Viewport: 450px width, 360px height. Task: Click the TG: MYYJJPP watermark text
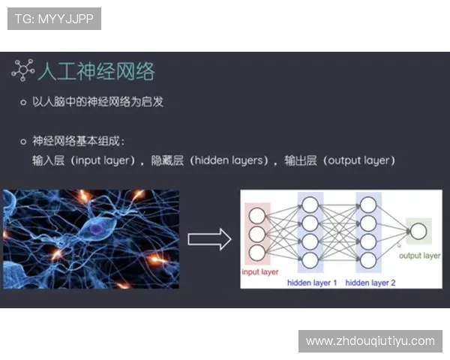[54, 19]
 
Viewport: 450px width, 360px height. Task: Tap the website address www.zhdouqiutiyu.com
[370, 340]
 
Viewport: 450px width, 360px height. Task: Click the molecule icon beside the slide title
[22, 70]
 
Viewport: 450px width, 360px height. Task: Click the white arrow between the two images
[208, 240]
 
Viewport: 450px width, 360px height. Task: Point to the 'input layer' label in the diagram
[259, 271]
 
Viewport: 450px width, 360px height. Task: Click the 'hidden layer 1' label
[311, 283]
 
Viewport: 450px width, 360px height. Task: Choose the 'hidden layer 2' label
[370, 283]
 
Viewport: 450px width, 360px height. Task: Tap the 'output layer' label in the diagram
[419, 256]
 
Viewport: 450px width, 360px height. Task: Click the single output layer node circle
[418, 231]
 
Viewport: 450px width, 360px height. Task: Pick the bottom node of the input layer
[257, 253]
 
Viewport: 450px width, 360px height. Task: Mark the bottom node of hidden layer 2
[367, 259]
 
